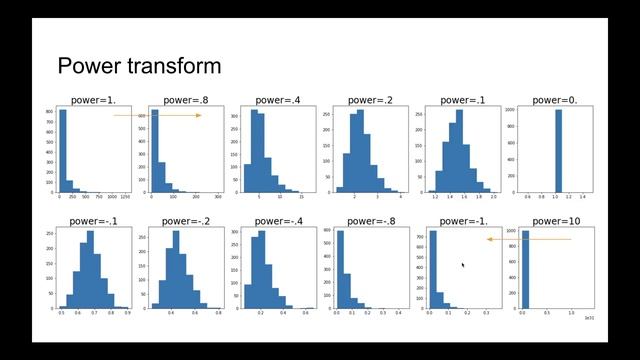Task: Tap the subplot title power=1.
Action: coord(91,100)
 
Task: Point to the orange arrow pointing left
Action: coord(528,239)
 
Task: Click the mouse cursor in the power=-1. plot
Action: coord(462,265)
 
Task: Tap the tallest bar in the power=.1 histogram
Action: coord(459,150)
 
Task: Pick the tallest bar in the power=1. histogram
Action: coord(63,150)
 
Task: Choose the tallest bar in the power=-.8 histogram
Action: coord(341,270)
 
